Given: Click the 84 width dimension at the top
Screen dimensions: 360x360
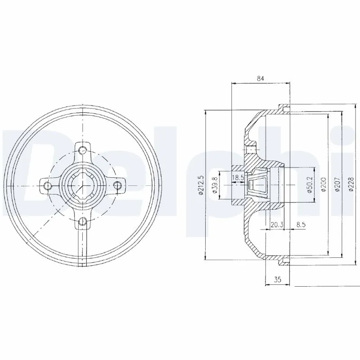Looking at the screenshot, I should pyautogui.click(x=260, y=78).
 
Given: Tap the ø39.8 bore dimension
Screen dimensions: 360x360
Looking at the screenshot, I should pyautogui.click(x=215, y=185).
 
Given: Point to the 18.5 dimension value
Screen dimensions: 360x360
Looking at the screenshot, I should pyautogui.click(x=238, y=178).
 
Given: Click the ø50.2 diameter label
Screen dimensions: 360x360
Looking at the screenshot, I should pyautogui.click(x=310, y=185).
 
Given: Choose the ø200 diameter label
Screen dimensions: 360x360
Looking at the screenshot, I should pyautogui.click(x=324, y=185).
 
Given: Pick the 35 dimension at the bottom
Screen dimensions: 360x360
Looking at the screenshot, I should pyautogui.click(x=277, y=280).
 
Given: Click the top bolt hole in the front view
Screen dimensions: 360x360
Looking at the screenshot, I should pyautogui.click(x=83, y=150).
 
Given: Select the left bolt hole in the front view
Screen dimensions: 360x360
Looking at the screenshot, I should pyautogui.click(x=48, y=185).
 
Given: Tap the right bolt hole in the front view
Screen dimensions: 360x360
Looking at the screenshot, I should pyautogui.click(x=118, y=185).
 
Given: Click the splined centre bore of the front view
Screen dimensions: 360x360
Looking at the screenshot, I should pyautogui.click(x=83, y=185).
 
